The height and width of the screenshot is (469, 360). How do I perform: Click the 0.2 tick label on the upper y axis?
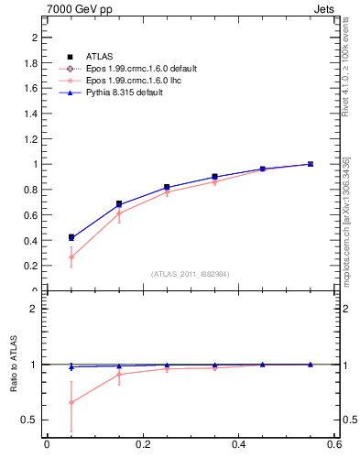tap(34, 266)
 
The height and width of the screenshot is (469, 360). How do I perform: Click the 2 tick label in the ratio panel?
tap(38, 309)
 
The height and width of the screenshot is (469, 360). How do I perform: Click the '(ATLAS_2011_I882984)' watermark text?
tap(190, 274)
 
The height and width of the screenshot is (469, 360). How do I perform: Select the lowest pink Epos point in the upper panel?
tap(71, 256)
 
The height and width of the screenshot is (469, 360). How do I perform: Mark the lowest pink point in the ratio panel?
tap(71, 402)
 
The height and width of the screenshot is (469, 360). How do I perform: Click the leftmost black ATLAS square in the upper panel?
tap(71, 236)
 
